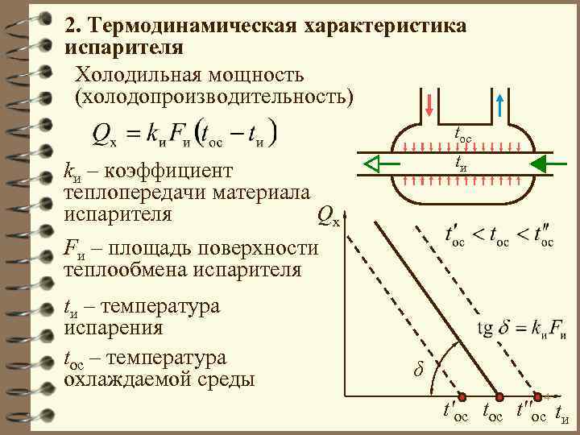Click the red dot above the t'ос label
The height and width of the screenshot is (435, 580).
[x=462, y=397]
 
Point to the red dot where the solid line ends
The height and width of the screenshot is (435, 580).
[x=499, y=397]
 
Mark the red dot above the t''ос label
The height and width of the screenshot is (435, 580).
[x=536, y=397]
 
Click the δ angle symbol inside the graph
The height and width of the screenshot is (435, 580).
[x=417, y=370]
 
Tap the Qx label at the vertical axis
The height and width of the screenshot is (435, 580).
[x=328, y=215]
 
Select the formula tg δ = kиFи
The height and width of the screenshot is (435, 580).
[x=522, y=328]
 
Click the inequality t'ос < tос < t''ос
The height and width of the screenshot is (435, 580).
[x=499, y=237]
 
